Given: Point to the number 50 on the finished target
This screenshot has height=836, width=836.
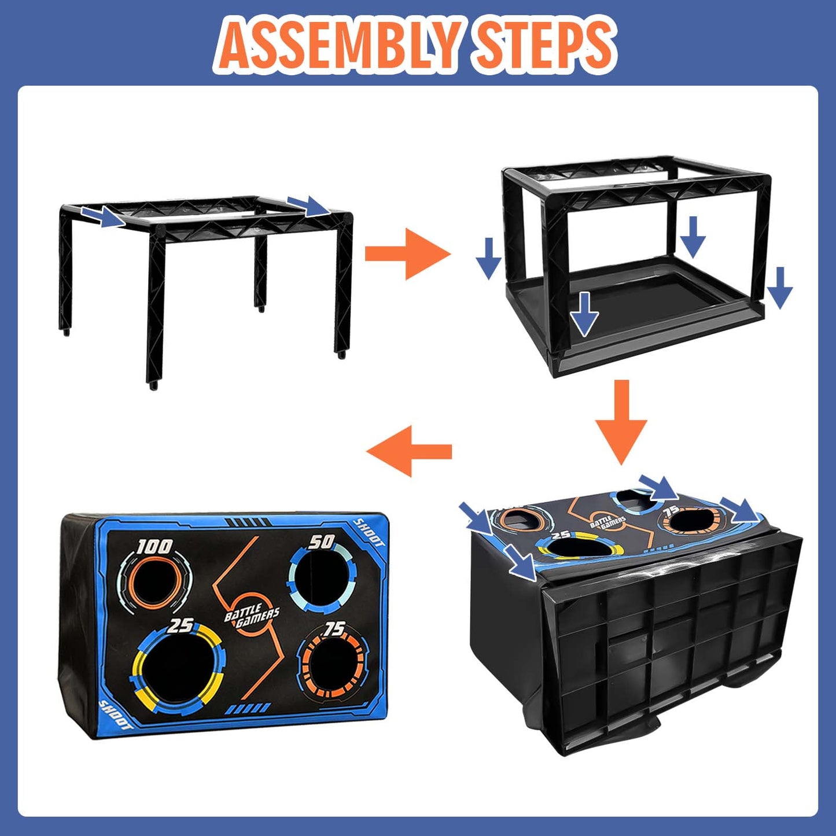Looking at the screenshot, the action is [x=321, y=542].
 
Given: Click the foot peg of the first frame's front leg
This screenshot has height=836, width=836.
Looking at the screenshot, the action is [x=153, y=386].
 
